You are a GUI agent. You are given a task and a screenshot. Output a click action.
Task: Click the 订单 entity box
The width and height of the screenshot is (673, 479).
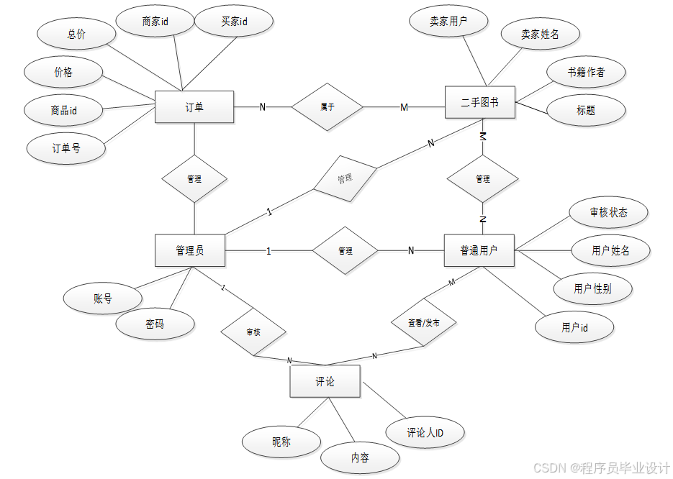pos(194,107)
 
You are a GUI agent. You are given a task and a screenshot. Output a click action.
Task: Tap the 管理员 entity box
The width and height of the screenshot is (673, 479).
pos(190,250)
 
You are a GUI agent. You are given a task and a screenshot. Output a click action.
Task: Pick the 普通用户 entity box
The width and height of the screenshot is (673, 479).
pos(479,250)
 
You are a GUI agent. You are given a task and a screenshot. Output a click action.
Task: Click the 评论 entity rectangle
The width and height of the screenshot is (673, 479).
pos(325,381)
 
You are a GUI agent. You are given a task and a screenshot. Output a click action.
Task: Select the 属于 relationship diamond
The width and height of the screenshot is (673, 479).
pos(328,107)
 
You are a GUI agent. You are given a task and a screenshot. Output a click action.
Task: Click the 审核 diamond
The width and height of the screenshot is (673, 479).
pos(253,332)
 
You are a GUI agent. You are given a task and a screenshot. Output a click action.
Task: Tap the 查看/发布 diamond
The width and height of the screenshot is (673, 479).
pos(424,323)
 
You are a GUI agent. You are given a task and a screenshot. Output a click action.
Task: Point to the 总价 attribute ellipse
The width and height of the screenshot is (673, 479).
pos(76,34)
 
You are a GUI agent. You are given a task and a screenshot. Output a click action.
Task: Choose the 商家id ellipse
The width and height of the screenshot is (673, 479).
pos(155,22)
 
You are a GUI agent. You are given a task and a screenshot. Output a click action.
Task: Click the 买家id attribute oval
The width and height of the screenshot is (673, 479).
pos(234,22)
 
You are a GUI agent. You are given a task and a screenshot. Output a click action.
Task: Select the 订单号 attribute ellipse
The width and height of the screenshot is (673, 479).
pos(66,149)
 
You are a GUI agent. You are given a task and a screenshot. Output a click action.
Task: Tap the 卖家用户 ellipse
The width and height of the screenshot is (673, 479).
pos(448,22)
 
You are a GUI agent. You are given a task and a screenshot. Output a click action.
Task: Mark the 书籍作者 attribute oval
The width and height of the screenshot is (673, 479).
pos(586,72)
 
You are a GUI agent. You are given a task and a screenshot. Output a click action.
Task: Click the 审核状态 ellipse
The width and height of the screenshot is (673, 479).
pos(608,212)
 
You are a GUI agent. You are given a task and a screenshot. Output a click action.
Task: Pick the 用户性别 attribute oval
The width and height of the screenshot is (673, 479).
pos(592,288)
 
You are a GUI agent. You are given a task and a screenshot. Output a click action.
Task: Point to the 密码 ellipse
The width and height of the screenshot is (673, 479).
pos(155,324)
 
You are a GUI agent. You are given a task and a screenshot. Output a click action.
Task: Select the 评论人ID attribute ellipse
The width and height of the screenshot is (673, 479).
pos(425,432)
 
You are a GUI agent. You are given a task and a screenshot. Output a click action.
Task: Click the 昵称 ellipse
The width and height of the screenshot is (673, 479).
pos(281,442)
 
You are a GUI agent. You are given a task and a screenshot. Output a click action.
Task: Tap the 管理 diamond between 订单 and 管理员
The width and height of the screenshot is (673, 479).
pos(194,179)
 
